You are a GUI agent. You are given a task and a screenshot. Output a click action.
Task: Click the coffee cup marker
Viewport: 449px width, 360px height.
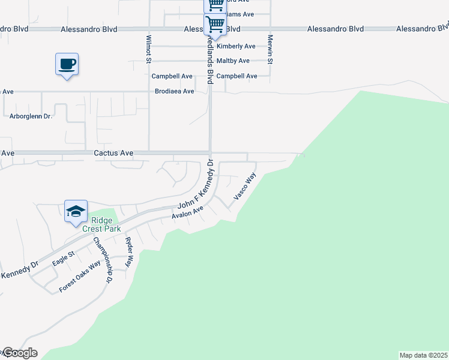[67, 64]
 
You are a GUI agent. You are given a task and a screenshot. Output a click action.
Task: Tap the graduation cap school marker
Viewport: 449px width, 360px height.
[76, 211]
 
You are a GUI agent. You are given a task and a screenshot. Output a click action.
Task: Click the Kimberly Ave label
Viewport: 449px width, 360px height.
[236, 46]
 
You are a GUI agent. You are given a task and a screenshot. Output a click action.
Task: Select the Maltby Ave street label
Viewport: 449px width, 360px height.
[233, 61]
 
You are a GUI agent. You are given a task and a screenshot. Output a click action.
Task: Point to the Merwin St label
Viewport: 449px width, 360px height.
[271, 49]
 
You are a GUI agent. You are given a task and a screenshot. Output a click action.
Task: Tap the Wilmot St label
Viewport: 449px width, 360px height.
[148, 47]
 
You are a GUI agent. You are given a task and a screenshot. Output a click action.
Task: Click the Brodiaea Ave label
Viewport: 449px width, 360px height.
[175, 91]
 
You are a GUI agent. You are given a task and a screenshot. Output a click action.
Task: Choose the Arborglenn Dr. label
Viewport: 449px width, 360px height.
[31, 116]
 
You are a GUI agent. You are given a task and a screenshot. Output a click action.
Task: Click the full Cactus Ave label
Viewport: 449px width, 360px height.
[113, 154]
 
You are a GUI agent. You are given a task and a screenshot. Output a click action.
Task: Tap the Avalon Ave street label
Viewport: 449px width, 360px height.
[188, 212]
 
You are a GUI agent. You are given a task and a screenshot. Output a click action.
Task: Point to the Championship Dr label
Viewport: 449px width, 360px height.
[102, 260]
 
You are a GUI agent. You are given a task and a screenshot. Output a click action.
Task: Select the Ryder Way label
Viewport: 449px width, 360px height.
[128, 251]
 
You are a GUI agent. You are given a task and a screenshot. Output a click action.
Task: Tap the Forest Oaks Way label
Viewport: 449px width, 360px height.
[79, 276]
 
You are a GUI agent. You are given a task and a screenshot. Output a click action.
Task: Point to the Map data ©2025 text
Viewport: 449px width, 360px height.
[424, 355]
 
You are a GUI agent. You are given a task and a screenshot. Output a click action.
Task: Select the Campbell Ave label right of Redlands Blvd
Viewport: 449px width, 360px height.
[237, 76]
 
